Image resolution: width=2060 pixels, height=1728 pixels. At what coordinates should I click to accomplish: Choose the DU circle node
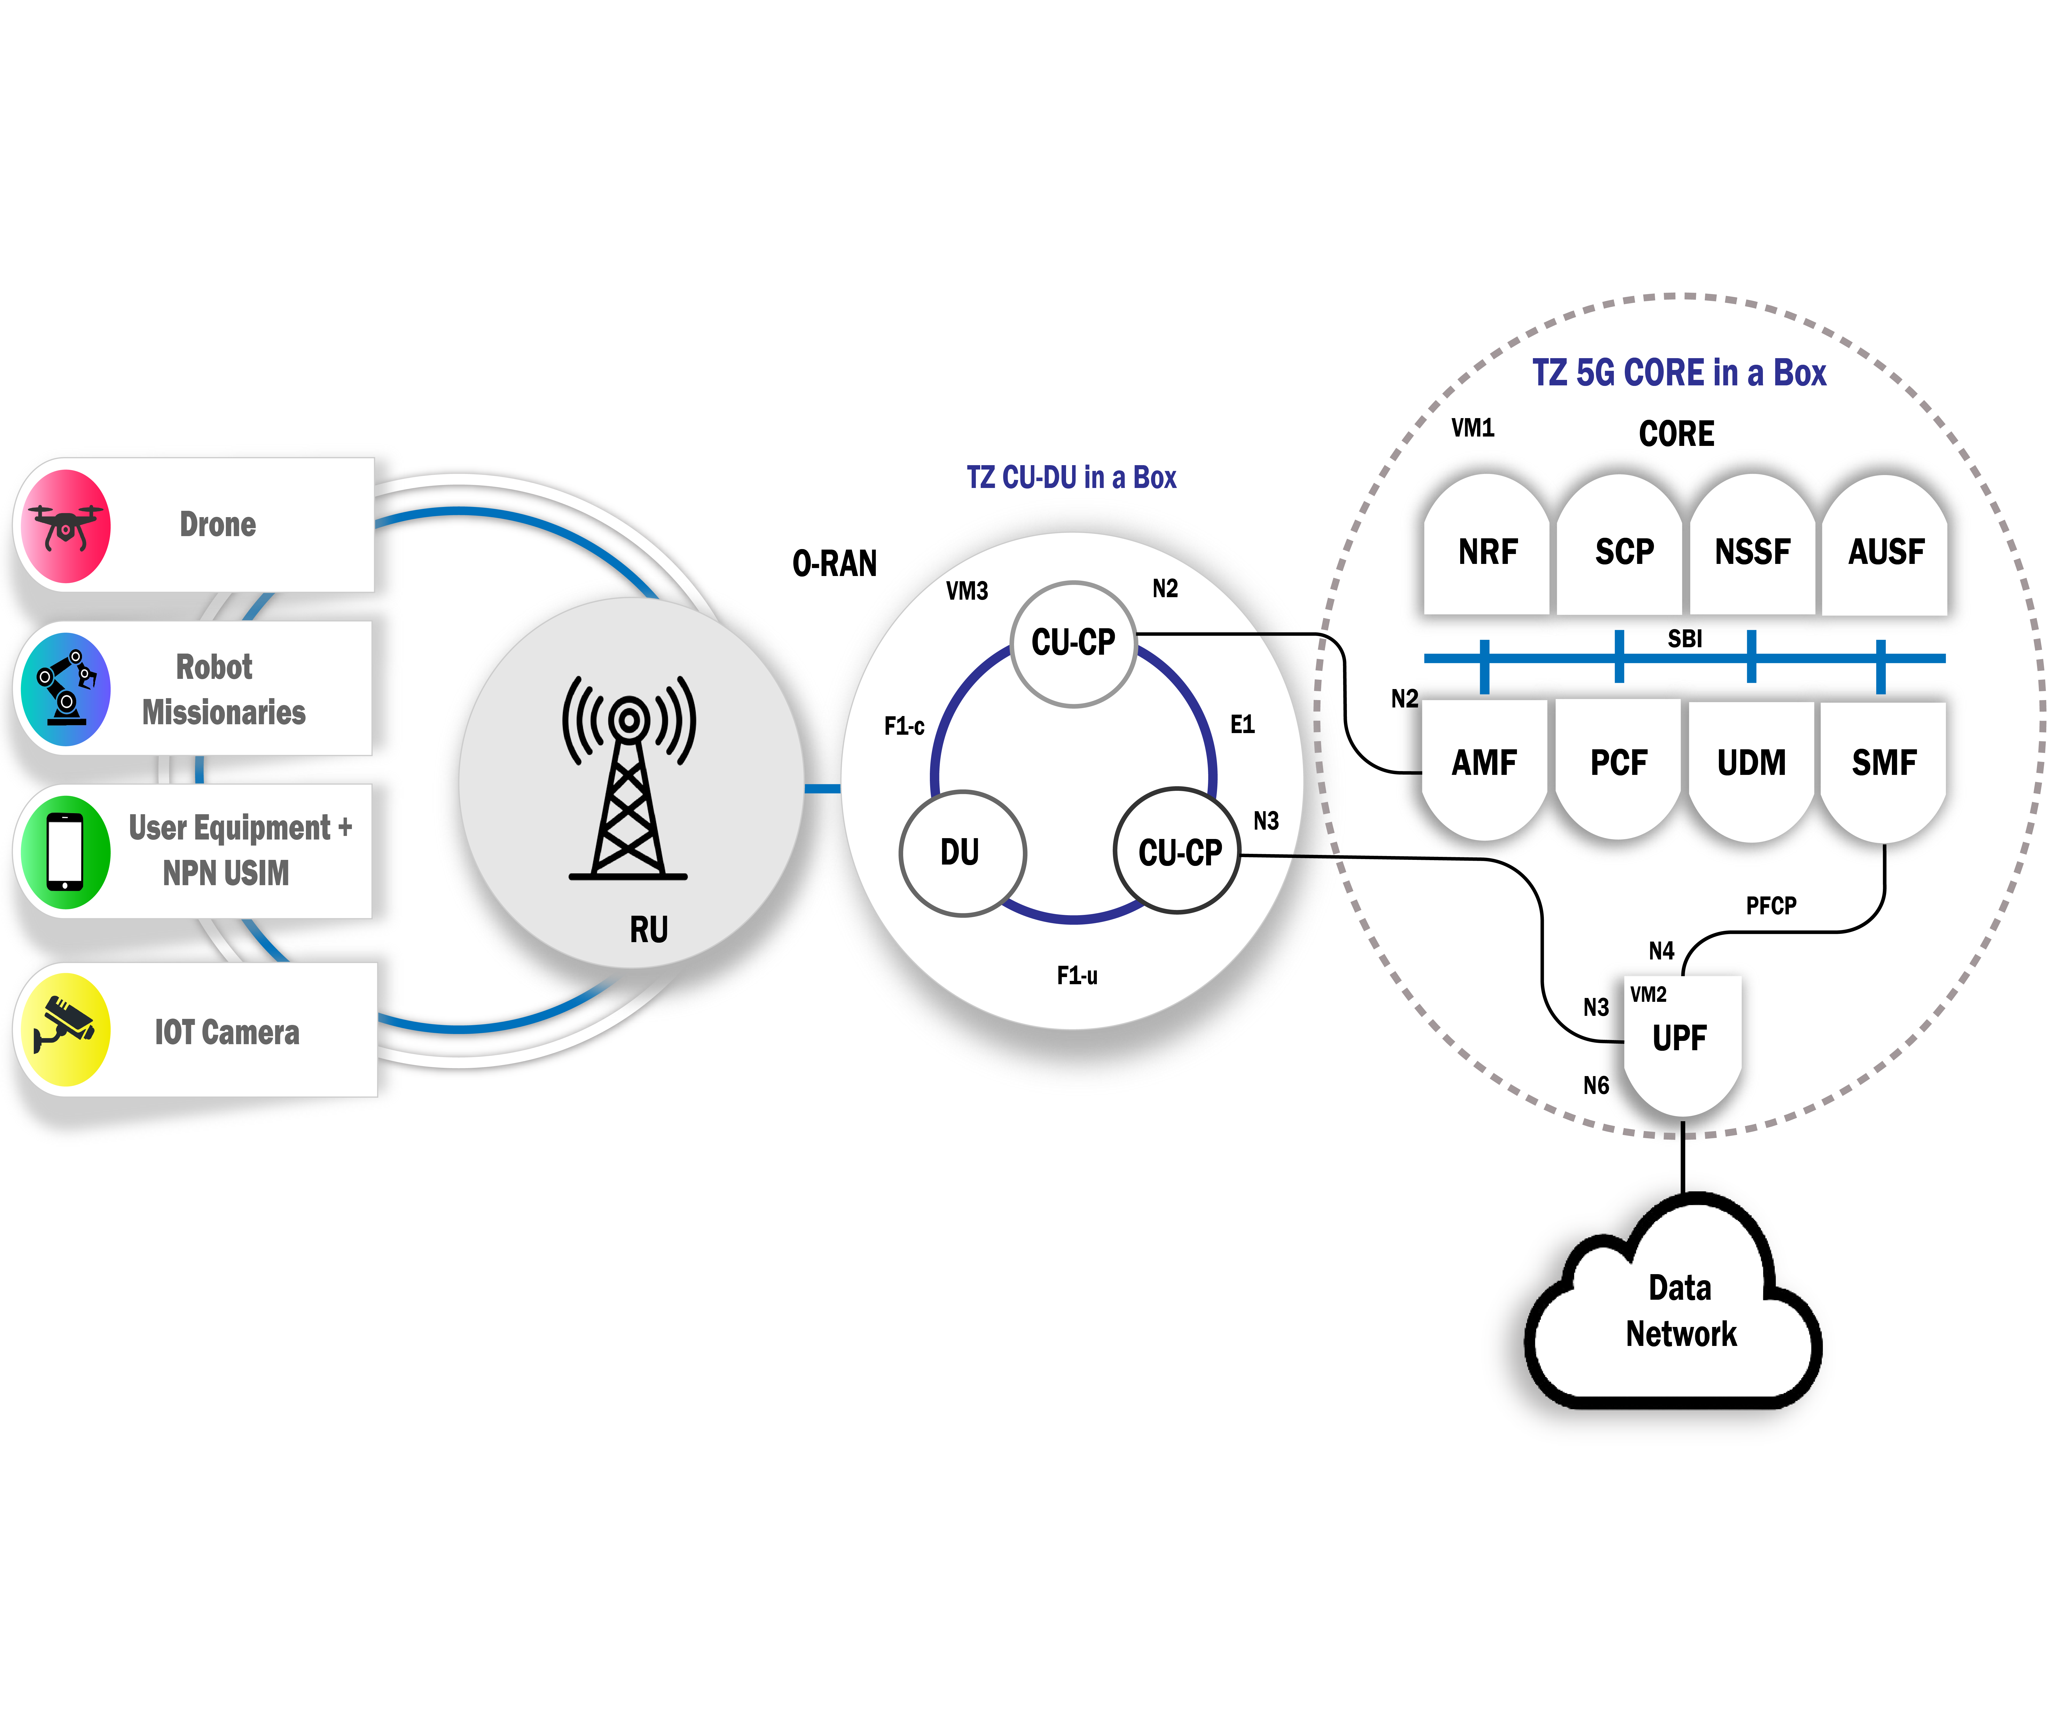[961, 852]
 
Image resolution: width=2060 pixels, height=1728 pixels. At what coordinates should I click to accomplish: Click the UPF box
[1680, 1038]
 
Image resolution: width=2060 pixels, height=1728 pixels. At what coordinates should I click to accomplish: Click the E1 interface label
[1242, 725]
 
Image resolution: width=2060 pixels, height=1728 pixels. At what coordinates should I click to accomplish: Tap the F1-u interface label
[1077, 976]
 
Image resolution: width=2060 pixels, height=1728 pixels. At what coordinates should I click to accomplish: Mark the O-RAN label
[835, 564]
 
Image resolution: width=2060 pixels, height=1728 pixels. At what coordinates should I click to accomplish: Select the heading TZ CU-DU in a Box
[1071, 478]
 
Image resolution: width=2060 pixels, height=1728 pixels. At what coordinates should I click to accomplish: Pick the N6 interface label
[1596, 1086]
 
